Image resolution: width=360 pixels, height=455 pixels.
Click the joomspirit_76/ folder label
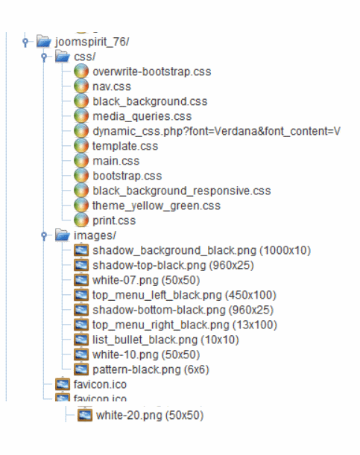tap(92, 42)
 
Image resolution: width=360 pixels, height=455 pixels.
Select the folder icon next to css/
tap(63, 57)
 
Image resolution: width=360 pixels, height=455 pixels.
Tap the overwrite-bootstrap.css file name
tap(151, 71)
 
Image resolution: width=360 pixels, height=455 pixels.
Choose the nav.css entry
tap(112, 86)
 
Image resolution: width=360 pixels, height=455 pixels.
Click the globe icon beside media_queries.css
tap(81, 116)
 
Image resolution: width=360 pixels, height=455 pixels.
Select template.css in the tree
tap(125, 146)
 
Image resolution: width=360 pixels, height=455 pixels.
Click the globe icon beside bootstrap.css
tap(81, 176)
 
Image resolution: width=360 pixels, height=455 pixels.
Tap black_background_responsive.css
tap(181, 191)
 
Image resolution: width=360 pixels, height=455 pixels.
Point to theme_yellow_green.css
tap(157, 206)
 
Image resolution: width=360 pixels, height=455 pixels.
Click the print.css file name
tap(114, 220)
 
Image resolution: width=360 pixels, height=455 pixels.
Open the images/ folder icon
tap(63, 235)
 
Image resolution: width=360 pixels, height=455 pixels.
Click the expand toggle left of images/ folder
tap(44, 235)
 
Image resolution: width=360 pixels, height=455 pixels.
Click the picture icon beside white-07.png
tap(81, 280)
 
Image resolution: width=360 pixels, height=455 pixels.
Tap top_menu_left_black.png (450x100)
tap(184, 295)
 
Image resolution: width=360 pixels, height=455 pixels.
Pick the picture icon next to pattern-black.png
tap(81, 369)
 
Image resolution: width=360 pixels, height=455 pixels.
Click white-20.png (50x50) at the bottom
tap(150, 416)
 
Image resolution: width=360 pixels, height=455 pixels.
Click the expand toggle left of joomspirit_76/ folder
tap(25, 42)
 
